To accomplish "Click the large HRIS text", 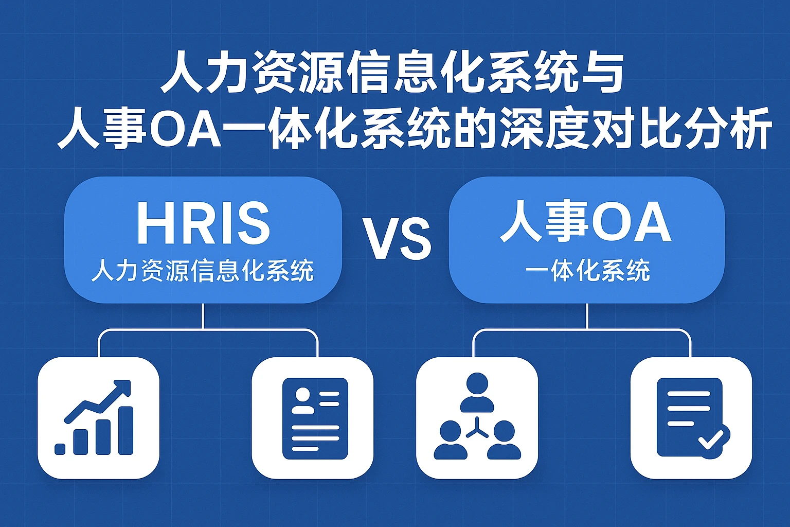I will pos(203,223).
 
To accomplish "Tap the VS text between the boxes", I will pos(397,239).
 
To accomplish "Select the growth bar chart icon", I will pos(98,418).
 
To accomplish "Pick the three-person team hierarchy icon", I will pos(477,418).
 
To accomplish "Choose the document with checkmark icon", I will pos(691,418).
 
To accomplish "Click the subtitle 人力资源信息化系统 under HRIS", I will pos(203,271).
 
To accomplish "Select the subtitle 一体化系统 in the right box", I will pos(587,271).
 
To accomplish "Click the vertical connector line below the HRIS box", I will pos(203,316).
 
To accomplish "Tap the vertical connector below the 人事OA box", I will pos(587,316).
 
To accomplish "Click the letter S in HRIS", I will pos(251,223).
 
